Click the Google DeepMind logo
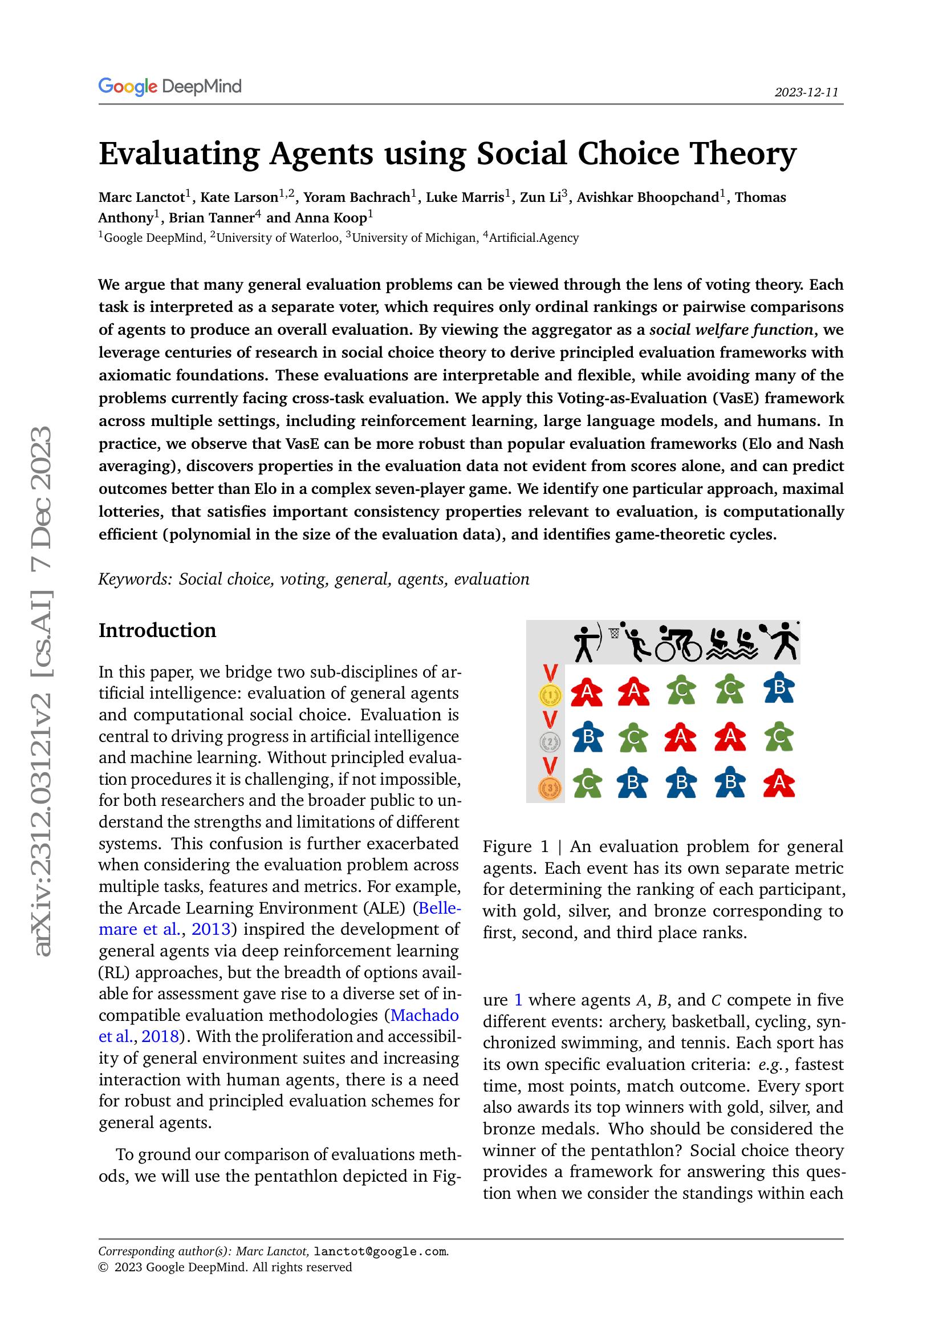tap(169, 87)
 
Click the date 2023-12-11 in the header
tap(806, 92)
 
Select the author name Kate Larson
tap(239, 197)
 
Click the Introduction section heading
tap(157, 630)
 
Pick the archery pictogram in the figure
tap(587, 643)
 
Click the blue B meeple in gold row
tap(779, 688)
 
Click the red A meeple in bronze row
tap(779, 784)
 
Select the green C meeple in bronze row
tap(587, 784)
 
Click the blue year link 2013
tap(212, 930)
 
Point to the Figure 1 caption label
tap(515, 846)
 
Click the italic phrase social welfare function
tap(731, 330)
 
